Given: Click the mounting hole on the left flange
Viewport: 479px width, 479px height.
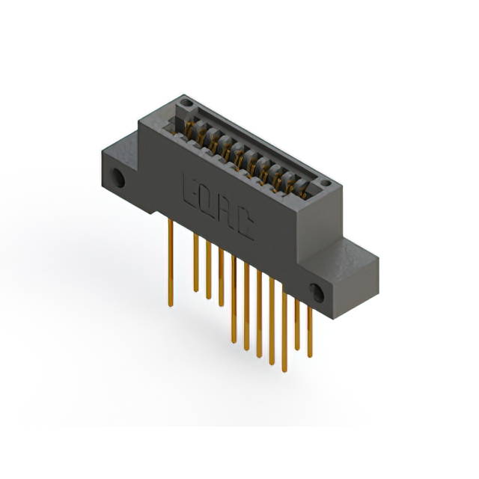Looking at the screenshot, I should pyautogui.click(x=118, y=179).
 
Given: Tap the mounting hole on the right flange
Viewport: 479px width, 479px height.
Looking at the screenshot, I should pyautogui.click(x=318, y=293).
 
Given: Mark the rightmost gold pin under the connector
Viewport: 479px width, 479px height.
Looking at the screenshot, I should pyautogui.click(x=310, y=329).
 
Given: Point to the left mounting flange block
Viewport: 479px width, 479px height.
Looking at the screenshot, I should pyautogui.click(x=120, y=168).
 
